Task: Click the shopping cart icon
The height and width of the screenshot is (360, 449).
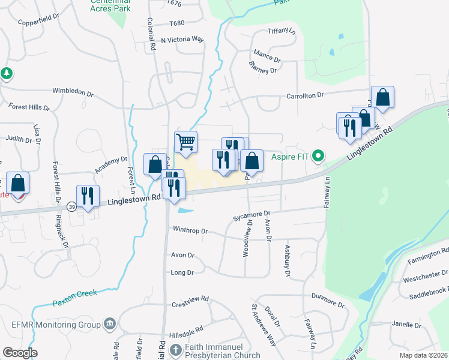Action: pyautogui.click(x=185, y=142)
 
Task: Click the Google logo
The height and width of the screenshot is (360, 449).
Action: pyautogui.click(x=20, y=353)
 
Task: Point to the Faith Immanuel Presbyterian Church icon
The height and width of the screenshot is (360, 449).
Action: pyautogui.click(x=175, y=349)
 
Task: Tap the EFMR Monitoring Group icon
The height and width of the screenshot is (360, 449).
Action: pyautogui.click(x=109, y=325)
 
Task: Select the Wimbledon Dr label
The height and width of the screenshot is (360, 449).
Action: pyautogui.click(x=73, y=93)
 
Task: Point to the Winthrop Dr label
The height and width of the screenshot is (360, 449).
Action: pyautogui.click(x=190, y=230)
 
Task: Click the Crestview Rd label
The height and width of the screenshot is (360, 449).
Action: pyautogui.click(x=189, y=298)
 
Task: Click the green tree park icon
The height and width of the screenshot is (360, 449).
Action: pyautogui.click(x=7, y=73)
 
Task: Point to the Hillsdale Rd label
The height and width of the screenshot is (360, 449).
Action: pyautogui.click(x=185, y=329)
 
